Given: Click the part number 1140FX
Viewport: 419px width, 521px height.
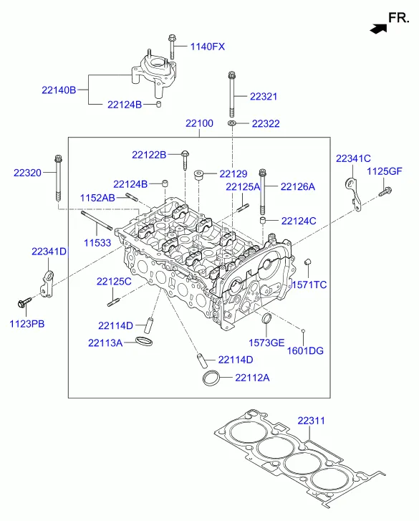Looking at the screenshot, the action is [208, 47].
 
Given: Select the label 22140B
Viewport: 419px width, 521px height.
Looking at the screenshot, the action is [59, 90].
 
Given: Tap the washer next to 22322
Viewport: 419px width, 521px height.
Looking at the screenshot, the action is [232, 123].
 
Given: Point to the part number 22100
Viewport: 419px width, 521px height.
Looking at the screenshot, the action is [199, 123].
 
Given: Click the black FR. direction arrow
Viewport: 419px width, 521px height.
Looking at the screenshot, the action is [378, 29].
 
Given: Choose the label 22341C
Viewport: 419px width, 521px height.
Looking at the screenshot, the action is [353, 158].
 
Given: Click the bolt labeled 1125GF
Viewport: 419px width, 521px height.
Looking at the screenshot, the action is [385, 192].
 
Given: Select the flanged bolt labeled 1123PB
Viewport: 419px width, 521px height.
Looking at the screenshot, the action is [24, 302].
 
